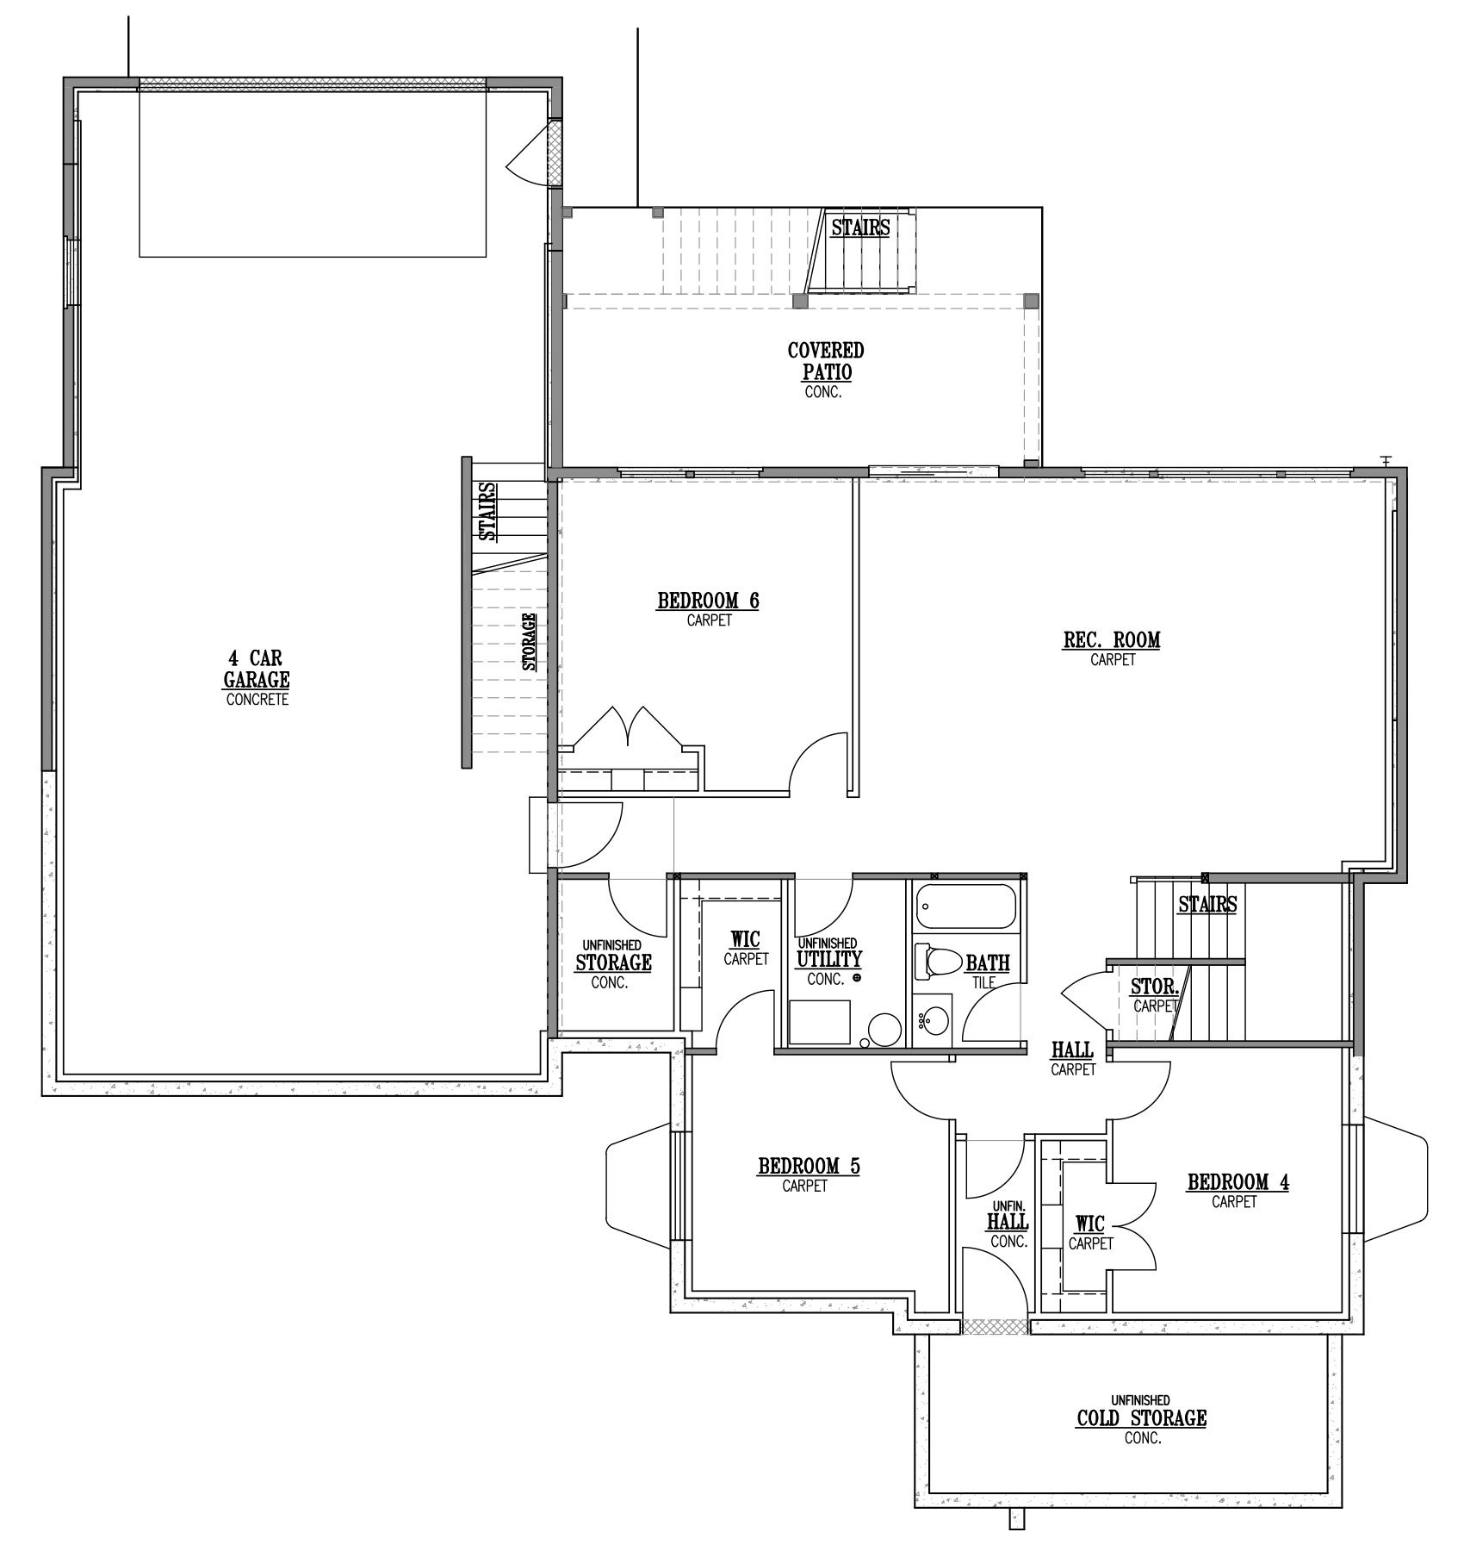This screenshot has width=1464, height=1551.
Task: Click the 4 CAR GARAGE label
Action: coord(257,670)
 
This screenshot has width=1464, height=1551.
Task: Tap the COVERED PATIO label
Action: coord(826,361)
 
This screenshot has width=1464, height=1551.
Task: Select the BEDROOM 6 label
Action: coord(708,601)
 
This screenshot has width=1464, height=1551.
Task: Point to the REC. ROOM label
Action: coord(1112,640)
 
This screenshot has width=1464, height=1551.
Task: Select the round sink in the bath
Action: coord(933,1022)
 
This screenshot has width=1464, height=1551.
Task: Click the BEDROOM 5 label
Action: coord(809,1167)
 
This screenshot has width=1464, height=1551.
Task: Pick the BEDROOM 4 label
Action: coord(1238,1182)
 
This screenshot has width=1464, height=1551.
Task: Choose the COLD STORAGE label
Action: coord(1141,1418)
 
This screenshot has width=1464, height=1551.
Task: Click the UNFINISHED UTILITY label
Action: coord(828,952)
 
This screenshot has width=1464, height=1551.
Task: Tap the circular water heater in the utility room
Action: coord(884,1029)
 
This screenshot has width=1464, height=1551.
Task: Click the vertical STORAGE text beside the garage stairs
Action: coord(530,641)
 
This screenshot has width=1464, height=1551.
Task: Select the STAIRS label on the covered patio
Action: coord(860,227)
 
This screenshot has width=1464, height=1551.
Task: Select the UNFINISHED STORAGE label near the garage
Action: coord(613,956)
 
